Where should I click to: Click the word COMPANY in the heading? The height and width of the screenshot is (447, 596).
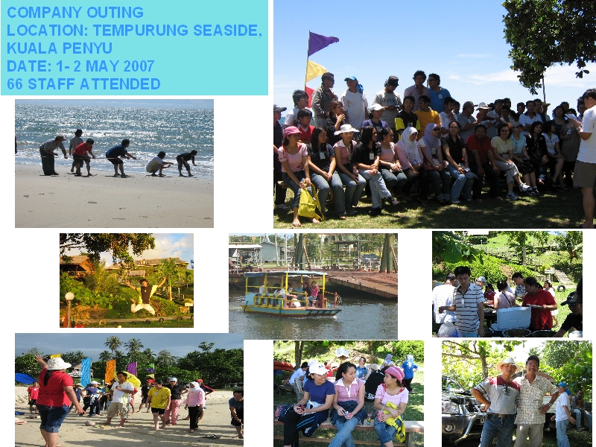pyautogui.click(x=43, y=13)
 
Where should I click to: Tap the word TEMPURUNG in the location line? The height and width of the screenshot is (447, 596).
pyautogui.click(x=141, y=31)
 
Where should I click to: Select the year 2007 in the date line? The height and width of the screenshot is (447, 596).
pyautogui.click(x=139, y=66)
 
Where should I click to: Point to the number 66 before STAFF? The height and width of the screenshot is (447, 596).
pyautogui.click(x=15, y=84)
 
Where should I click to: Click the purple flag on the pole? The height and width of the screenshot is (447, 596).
pyautogui.click(x=322, y=42)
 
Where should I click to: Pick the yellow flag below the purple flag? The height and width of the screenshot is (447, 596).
pyautogui.click(x=315, y=70)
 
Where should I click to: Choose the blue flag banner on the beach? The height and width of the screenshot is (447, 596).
pyautogui.click(x=86, y=371)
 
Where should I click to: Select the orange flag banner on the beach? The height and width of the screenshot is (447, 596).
pyautogui.click(x=110, y=371)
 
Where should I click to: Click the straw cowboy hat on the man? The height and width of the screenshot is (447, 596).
pyautogui.click(x=509, y=364)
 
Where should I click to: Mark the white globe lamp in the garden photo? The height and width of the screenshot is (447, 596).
pyautogui.click(x=69, y=297)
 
